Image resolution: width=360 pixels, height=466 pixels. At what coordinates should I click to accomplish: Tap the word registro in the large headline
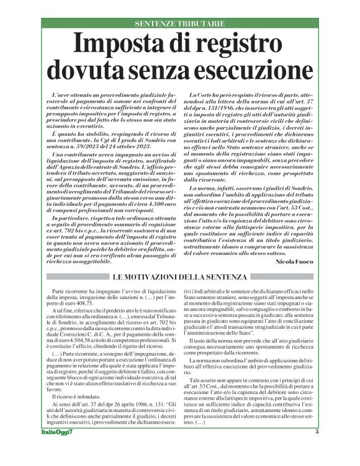coord(241,45)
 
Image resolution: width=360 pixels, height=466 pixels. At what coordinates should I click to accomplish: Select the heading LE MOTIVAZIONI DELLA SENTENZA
coord(179,276)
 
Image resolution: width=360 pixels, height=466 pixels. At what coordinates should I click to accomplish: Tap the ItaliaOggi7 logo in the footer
coord(59,450)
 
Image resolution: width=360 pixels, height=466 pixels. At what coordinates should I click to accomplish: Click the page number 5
coord(317,449)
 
